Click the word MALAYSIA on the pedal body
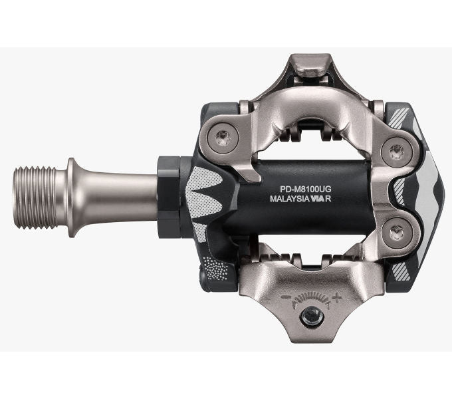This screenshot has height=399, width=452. pyautogui.click(x=292, y=198)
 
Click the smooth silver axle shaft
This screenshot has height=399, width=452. pyautogui.click(x=120, y=198)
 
